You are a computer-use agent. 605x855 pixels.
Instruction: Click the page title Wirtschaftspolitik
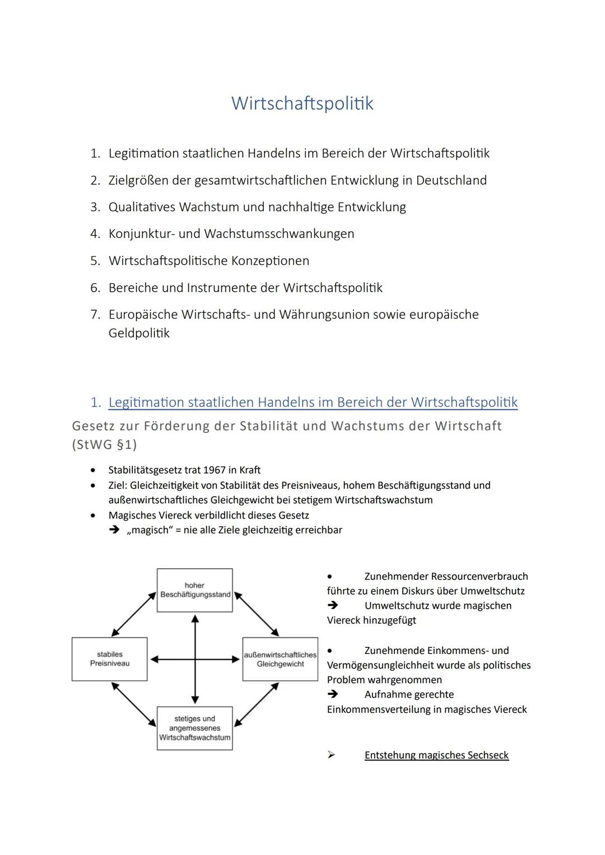coord(302,104)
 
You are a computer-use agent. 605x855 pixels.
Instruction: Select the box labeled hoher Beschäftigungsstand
coord(194,590)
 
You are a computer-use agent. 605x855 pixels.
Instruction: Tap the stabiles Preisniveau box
coord(109,659)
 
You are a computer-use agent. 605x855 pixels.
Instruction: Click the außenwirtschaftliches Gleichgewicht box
coord(280,659)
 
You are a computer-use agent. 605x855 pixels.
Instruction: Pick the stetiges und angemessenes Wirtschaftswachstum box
coord(194,728)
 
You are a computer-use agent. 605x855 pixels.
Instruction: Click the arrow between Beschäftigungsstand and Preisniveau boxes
coord(134,615)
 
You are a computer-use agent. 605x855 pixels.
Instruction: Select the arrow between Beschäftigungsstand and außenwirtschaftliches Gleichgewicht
coord(257,614)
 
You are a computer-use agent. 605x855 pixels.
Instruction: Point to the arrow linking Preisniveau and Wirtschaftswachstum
coord(134,704)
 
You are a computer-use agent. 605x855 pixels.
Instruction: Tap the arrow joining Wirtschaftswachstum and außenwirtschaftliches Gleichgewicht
coord(257,704)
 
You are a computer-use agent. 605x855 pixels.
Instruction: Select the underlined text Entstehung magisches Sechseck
coord(436,755)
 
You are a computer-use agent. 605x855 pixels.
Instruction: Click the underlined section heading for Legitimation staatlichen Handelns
coord(313,403)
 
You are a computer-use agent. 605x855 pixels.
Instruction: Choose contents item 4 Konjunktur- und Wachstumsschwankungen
coord(231,233)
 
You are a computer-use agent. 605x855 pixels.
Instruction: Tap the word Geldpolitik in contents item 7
coord(139,333)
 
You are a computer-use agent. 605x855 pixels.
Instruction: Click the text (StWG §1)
coord(105,445)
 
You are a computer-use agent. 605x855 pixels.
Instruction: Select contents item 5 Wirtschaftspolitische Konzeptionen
coord(209,261)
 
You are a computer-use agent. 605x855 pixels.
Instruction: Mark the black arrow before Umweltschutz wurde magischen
coord(333,605)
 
